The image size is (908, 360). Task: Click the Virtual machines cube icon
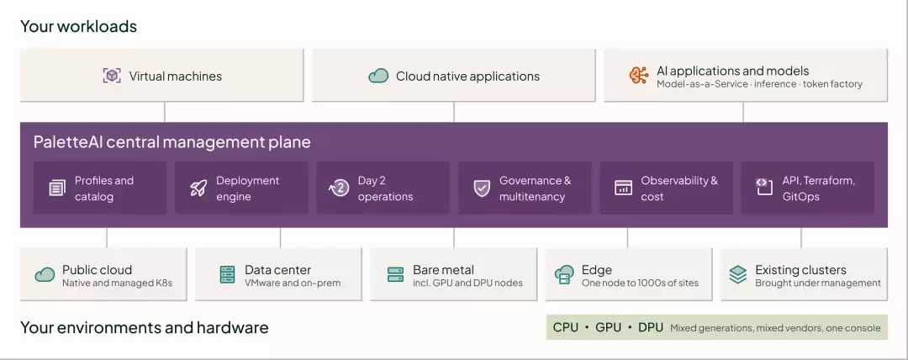point(112,76)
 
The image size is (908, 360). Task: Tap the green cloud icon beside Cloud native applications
point(378,76)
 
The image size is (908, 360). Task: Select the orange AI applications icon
point(639,76)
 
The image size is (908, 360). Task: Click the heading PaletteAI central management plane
point(172,142)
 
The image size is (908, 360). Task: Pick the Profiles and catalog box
point(100,188)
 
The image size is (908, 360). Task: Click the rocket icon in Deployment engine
point(198,188)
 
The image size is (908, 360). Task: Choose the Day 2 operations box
point(383,188)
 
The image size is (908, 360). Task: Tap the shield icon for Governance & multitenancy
point(482,188)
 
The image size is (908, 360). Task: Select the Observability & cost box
point(666,188)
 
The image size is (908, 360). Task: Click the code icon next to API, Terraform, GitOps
point(764,187)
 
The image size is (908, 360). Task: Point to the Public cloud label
point(98,269)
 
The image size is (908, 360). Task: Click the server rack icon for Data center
point(228,275)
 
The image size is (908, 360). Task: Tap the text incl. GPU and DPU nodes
point(468,283)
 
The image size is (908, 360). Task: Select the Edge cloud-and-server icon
point(564,274)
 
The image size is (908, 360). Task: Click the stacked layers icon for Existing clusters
point(738,274)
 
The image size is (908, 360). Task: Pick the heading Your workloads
point(79,27)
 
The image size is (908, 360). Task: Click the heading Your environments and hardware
point(145,327)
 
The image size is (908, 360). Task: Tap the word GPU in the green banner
point(608,327)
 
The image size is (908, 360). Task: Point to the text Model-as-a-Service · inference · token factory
point(759,84)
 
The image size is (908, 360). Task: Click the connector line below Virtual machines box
point(165,112)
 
